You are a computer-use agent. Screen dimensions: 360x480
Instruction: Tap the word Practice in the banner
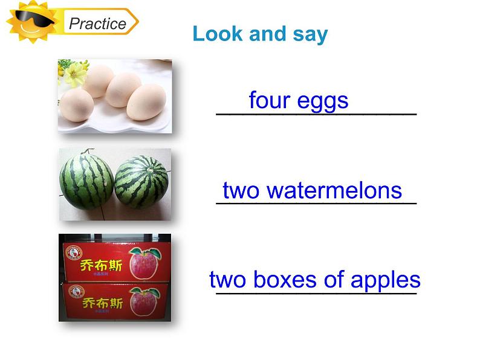coord(97,24)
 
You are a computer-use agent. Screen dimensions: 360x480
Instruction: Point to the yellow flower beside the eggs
coord(76,73)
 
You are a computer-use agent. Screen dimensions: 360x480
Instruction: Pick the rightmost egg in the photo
coord(147,101)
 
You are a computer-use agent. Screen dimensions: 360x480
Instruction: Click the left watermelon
coord(86,181)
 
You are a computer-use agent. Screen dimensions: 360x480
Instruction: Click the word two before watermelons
coord(241,190)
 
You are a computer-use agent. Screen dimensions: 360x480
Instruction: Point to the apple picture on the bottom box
coord(144,301)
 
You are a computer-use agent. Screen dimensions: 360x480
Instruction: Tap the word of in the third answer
coord(329,280)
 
